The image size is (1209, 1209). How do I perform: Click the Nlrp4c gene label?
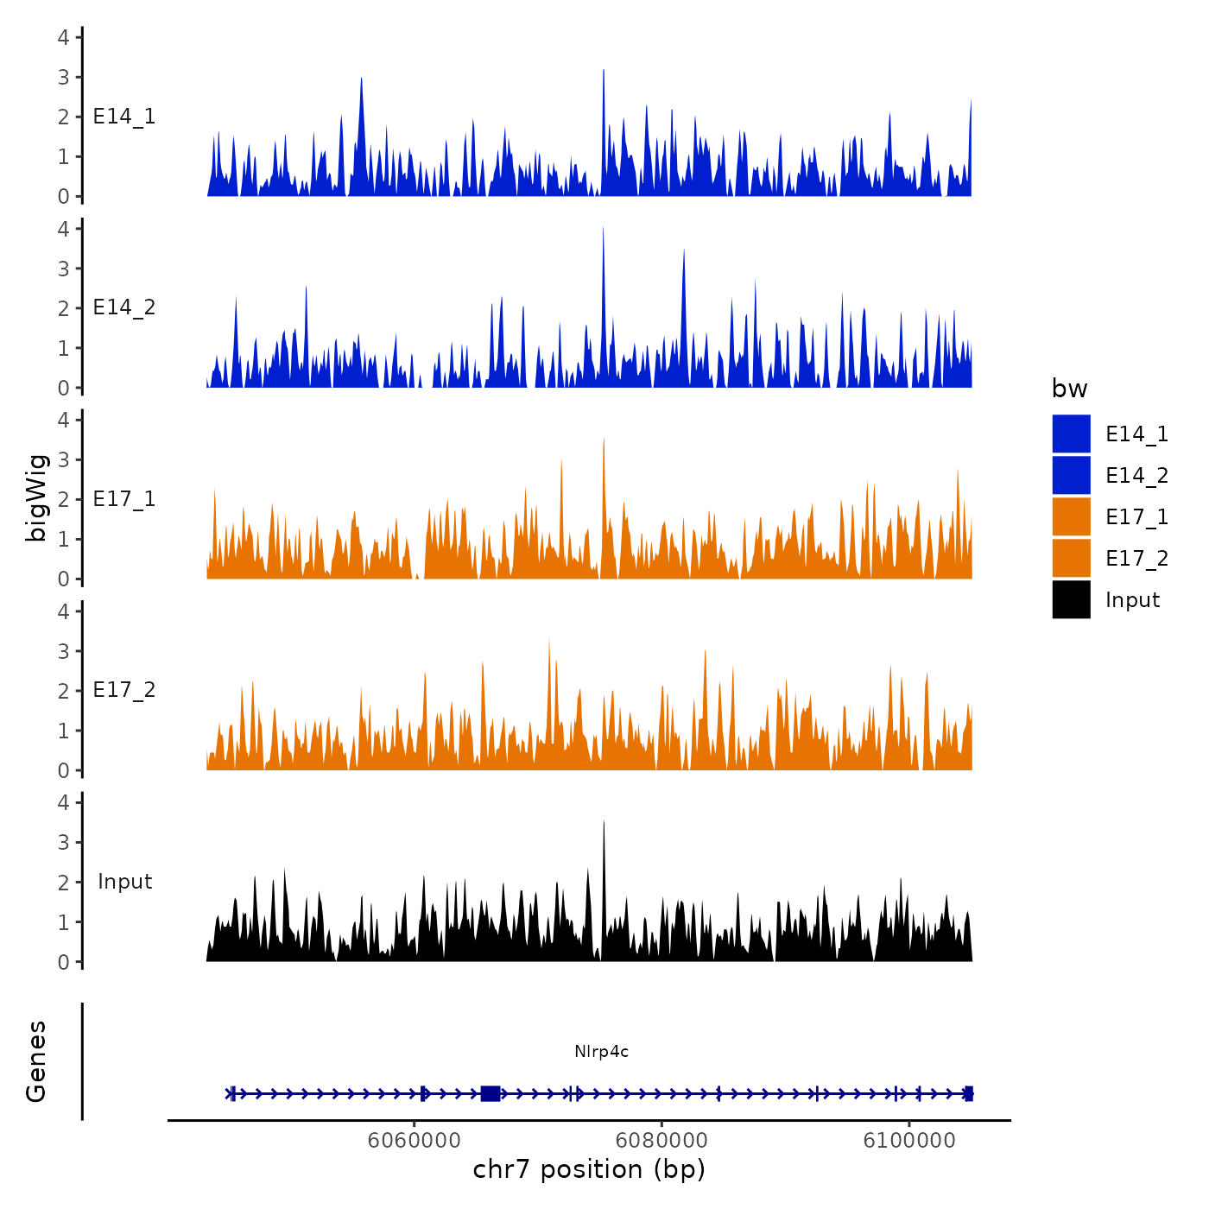tap(601, 1051)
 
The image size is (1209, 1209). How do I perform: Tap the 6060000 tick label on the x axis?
tap(414, 1140)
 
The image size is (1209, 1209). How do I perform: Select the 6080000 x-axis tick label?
tap(661, 1140)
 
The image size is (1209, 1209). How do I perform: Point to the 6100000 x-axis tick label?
tap(909, 1140)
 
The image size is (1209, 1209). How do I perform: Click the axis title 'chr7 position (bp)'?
tap(589, 1169)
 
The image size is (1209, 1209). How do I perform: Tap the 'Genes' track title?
tap(36, 1061)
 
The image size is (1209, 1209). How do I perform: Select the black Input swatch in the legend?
tap(1071, 599)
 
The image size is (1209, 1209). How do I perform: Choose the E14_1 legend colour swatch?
tap(1071, 434)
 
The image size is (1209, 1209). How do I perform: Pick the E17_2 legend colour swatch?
tap(1071, 558)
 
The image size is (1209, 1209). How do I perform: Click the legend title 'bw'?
tap(1069, 389)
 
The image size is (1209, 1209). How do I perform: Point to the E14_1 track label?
tap(124, 117)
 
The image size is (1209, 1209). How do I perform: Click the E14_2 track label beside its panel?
tap(124, 307)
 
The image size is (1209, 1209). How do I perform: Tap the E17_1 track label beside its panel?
tap(124, 499)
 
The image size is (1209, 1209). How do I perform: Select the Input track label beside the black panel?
tap(124, 882)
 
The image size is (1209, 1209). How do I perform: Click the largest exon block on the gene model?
tap(490, 1093)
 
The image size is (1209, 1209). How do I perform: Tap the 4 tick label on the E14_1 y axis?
tap(63, 37)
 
